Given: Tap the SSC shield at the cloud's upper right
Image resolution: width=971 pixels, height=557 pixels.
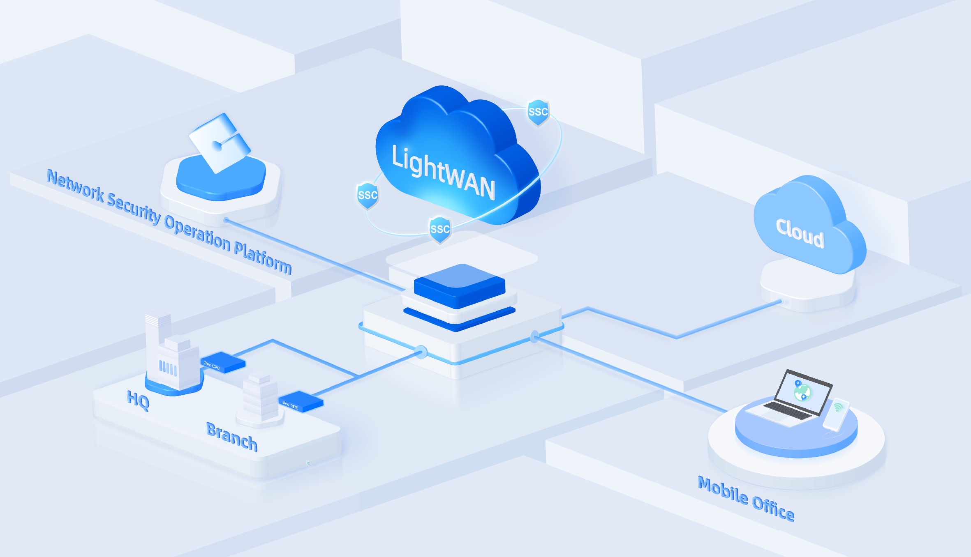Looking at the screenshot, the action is coord(538,113).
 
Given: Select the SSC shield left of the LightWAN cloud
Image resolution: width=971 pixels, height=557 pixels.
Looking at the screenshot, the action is coord(368,195).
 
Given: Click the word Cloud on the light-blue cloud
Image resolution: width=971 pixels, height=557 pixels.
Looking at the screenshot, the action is coord(800,233).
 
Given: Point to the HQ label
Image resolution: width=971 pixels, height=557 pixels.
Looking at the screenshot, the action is coord(138,400).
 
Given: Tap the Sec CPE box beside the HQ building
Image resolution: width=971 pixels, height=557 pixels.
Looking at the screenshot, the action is coord(222,362).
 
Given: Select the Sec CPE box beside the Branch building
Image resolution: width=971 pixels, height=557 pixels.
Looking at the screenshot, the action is coord(301,401).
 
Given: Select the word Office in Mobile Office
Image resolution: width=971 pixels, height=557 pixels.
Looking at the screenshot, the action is coord(773,509).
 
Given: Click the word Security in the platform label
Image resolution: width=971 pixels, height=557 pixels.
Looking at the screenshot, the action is coord(134,209).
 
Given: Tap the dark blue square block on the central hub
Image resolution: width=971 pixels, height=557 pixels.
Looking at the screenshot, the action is coord(460,286).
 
